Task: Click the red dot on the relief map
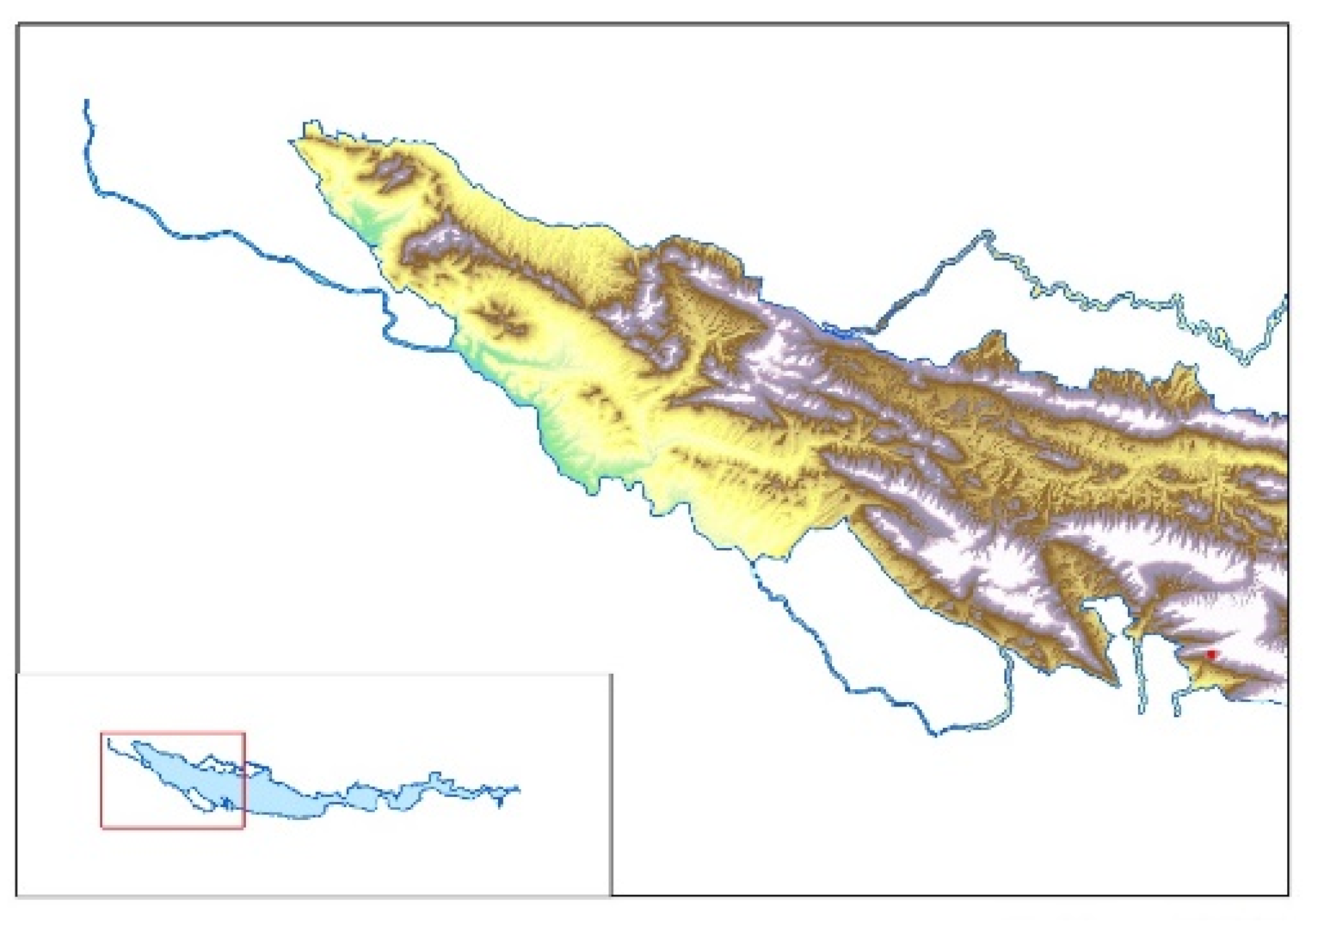(1210, 654)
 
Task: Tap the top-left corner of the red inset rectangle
(102, 734)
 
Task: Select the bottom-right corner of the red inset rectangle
(244, 827)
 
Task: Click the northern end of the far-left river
(86, 102)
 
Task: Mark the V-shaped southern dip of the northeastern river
(1245, 361)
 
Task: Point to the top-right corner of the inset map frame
(612, 675)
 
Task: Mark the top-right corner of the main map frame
(1288, 25)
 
